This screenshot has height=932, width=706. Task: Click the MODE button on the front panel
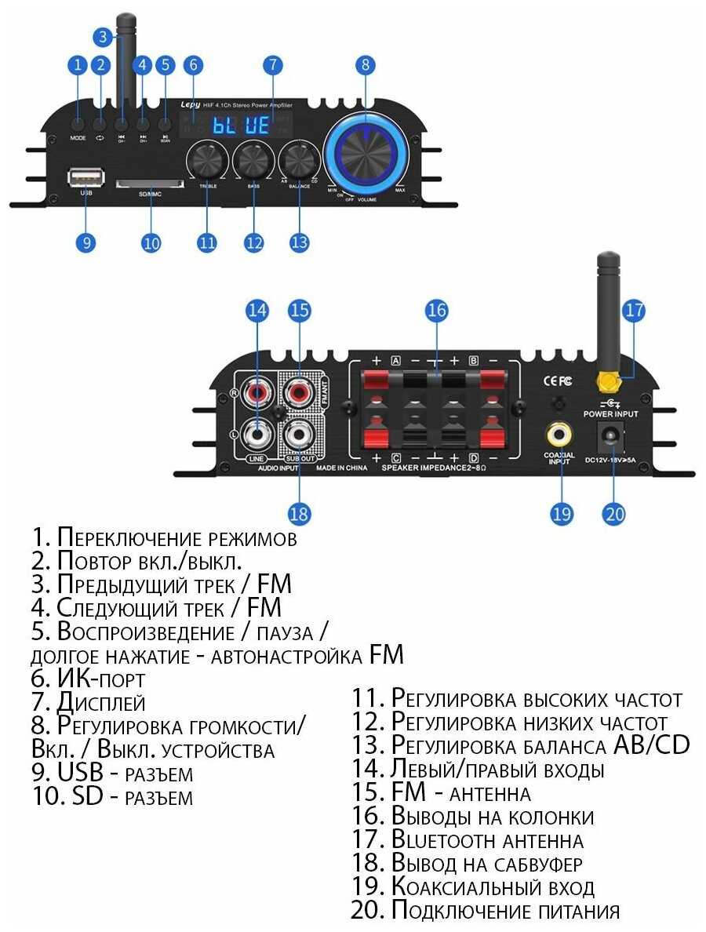(78, 124)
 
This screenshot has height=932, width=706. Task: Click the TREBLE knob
(207, 161)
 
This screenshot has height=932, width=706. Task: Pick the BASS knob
(253, 160)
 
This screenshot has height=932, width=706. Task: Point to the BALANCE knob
(299, 160)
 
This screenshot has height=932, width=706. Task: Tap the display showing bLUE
(242, 125)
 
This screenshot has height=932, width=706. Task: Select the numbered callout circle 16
(437, 311)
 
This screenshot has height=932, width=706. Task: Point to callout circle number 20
(613, 514)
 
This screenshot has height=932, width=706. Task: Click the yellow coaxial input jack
(560, 432)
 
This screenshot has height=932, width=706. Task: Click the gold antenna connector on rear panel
(606, 382)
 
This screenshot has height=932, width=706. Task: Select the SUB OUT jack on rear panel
(299, 431)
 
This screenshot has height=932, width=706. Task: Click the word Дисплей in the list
(101, 702)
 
